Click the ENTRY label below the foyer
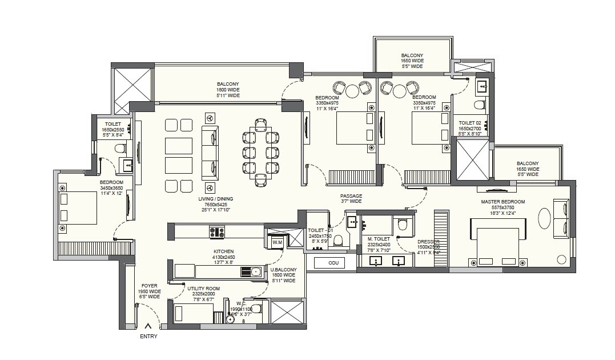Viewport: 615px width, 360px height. (x=148, y=337)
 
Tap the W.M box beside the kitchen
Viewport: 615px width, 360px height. (x=278, y=243)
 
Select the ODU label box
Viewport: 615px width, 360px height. (x=334, y=263)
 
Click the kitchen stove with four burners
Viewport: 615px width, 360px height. (x=217, y=233)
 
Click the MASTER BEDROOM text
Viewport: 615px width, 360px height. (x=503, y=202)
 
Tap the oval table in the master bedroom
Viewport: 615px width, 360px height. (x=545, y=218)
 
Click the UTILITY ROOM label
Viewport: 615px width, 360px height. (x=203, y=289)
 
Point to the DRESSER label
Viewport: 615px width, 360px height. (x=428, y=242)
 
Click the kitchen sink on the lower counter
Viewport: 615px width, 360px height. (x=255, y=271)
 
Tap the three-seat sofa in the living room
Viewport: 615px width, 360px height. (x=210, y=153)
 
